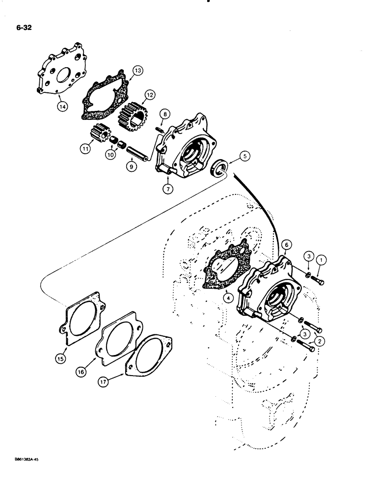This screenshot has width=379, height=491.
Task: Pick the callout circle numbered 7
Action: point(169,188)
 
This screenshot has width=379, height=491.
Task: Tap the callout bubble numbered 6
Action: point(288,244)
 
